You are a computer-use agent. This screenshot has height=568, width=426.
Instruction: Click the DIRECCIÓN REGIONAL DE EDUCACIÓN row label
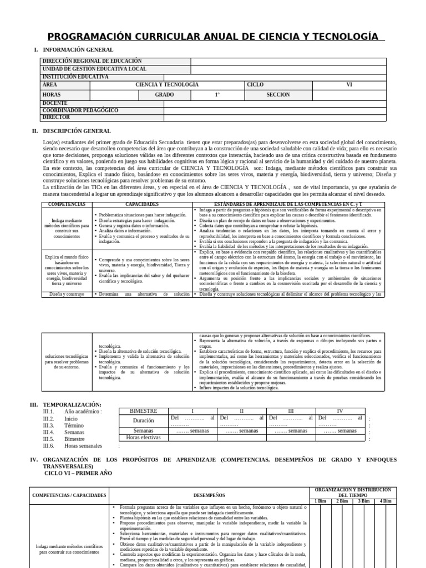tap(92, 62)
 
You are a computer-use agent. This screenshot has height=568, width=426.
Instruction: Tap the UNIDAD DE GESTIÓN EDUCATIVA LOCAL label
tap(95, 69)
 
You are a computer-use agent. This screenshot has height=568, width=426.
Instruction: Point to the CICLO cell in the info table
tap(255, 85)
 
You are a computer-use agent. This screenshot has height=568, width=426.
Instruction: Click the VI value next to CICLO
tap(349, 85)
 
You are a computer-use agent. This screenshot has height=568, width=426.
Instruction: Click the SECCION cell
tap(278, 95)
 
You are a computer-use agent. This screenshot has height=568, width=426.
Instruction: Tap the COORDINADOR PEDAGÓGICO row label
tap(80, 110)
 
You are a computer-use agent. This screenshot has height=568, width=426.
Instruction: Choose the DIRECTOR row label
tap(57, 118)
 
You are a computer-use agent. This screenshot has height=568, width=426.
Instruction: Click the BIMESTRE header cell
tap(143, 411)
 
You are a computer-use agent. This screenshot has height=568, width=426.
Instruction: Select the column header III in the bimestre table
tap(291, 411)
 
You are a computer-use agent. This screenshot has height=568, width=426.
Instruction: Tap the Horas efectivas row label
tap(143, 438)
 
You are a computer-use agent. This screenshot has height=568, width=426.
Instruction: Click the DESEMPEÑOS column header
tap(209, 495)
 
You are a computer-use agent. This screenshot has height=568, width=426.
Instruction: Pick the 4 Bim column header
tap(385, 501)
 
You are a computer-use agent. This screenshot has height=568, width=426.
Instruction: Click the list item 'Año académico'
tap(83, 412)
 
